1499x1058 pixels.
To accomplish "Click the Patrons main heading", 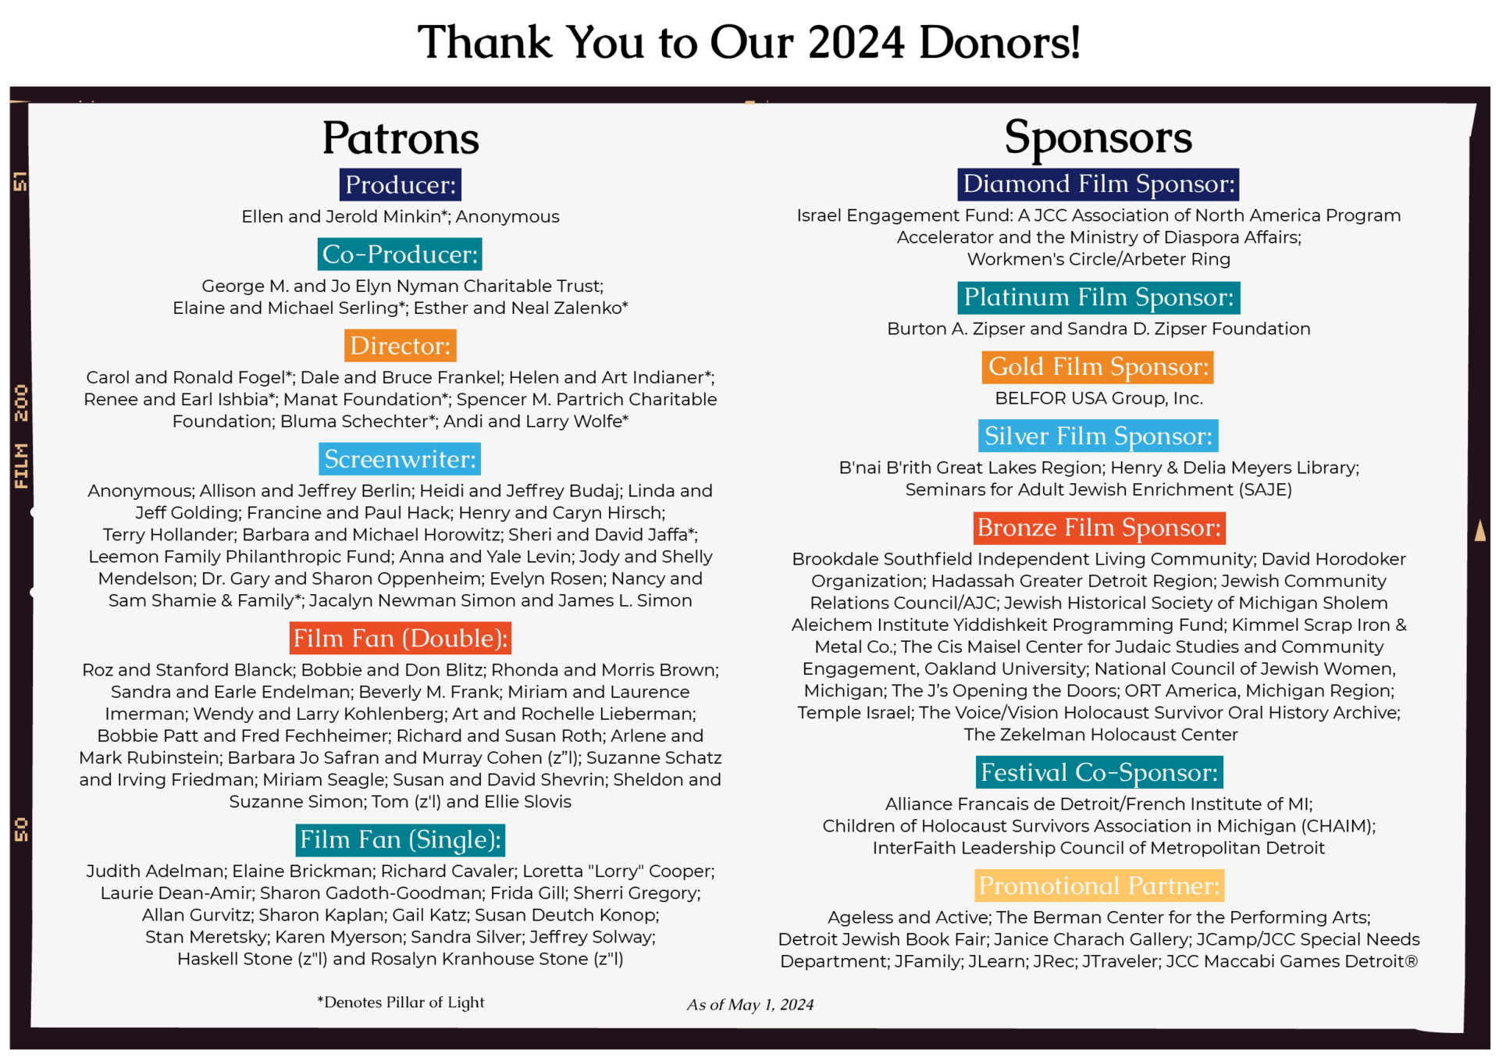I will [x=401, y=138].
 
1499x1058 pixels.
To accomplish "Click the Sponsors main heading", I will [x=1098, y=137].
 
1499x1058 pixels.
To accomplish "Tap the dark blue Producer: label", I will [x=401, y=185].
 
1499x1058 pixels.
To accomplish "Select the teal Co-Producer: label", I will [x=400, y=255].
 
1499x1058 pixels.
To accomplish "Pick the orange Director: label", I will [x=400, y=346].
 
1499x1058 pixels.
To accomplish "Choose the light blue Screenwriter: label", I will [x=400, y=459].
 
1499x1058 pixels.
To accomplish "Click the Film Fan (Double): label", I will [x=401, y=638].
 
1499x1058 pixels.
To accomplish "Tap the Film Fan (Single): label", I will [x=401, y=840].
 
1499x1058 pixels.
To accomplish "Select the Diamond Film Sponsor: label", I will [x=1098, y=184].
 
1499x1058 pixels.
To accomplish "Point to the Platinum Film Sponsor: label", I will [x=1098, y=297].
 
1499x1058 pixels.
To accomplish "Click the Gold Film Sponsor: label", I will [x=1098, y=367].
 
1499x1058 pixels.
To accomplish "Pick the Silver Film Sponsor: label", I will [x=1098, y=436].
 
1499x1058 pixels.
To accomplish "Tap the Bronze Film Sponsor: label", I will [x=1098, y=528].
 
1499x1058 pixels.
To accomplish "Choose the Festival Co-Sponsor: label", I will [x=1098, y=773].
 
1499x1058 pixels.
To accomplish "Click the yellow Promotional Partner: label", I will [x=1098, y=886].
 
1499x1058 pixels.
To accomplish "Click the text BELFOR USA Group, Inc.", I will [x=1098, y=398].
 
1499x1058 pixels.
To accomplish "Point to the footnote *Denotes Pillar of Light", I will [x=401, y=1003].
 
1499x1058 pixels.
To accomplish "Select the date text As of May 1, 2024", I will [x=749, y=1005].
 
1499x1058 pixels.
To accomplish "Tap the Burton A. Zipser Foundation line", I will [x=1098, y=329].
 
